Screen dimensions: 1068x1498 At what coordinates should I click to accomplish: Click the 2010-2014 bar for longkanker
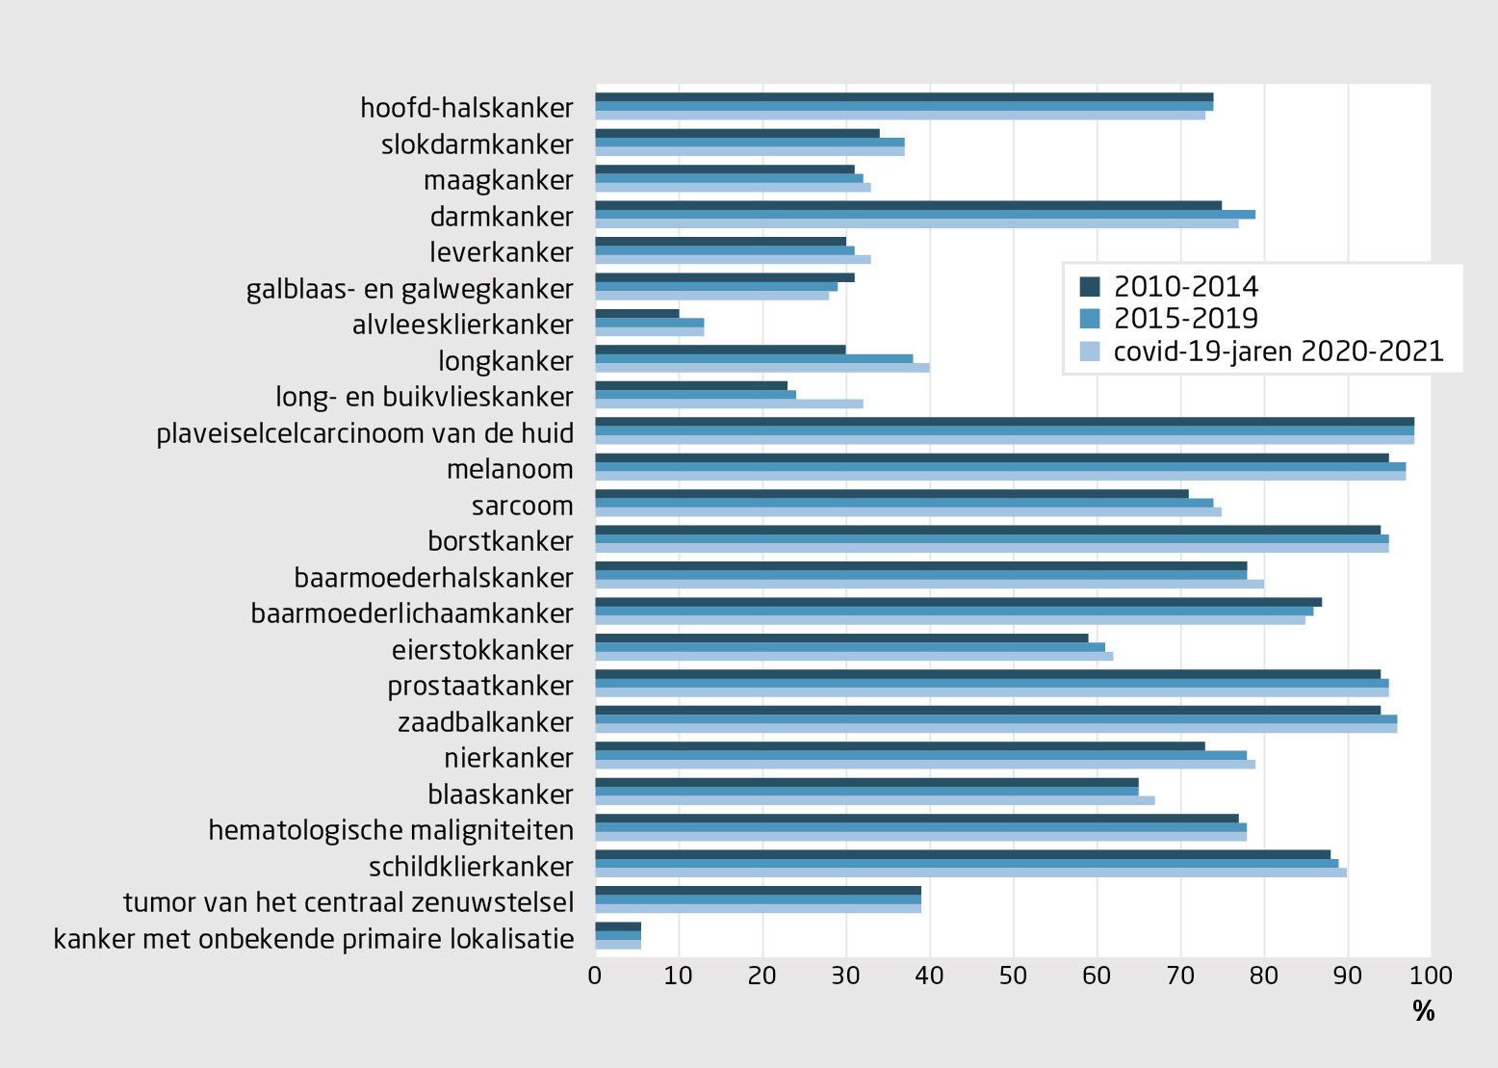[720, 350]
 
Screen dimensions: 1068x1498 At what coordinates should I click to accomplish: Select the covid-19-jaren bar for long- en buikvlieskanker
[729, 404]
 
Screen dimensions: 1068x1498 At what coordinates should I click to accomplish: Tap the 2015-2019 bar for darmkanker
[924, 214]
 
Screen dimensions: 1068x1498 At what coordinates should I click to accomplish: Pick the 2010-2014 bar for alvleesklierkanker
[637, 313]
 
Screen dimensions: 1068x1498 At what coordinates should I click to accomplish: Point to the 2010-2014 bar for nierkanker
[900, 746]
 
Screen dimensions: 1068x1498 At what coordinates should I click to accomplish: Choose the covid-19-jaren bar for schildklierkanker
[970, 873]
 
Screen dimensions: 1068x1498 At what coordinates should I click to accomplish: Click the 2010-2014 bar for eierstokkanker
[841, 638]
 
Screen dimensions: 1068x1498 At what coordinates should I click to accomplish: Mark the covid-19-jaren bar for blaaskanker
[874, 800]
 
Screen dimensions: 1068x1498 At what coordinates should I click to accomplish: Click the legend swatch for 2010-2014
[1090, 286]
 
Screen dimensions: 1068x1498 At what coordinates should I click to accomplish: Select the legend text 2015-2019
[1185, 319]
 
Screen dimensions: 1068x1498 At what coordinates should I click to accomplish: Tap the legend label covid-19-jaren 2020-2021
[1278, 352]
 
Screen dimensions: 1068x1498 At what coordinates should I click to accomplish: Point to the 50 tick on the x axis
[1013, 976]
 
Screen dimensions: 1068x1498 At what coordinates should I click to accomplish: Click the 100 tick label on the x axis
[1431, 976]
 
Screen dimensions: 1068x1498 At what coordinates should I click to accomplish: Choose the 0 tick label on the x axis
[595, 976]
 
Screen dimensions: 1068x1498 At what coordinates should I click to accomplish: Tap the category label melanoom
[509, 470]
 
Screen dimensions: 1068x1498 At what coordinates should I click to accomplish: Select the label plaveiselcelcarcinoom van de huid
[365, 434]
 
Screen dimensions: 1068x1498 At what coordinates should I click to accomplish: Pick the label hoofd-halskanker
[467, 108]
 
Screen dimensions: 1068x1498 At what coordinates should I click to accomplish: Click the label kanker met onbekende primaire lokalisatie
[314, 939]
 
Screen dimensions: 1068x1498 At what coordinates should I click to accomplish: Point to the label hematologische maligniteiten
[391, 830]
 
